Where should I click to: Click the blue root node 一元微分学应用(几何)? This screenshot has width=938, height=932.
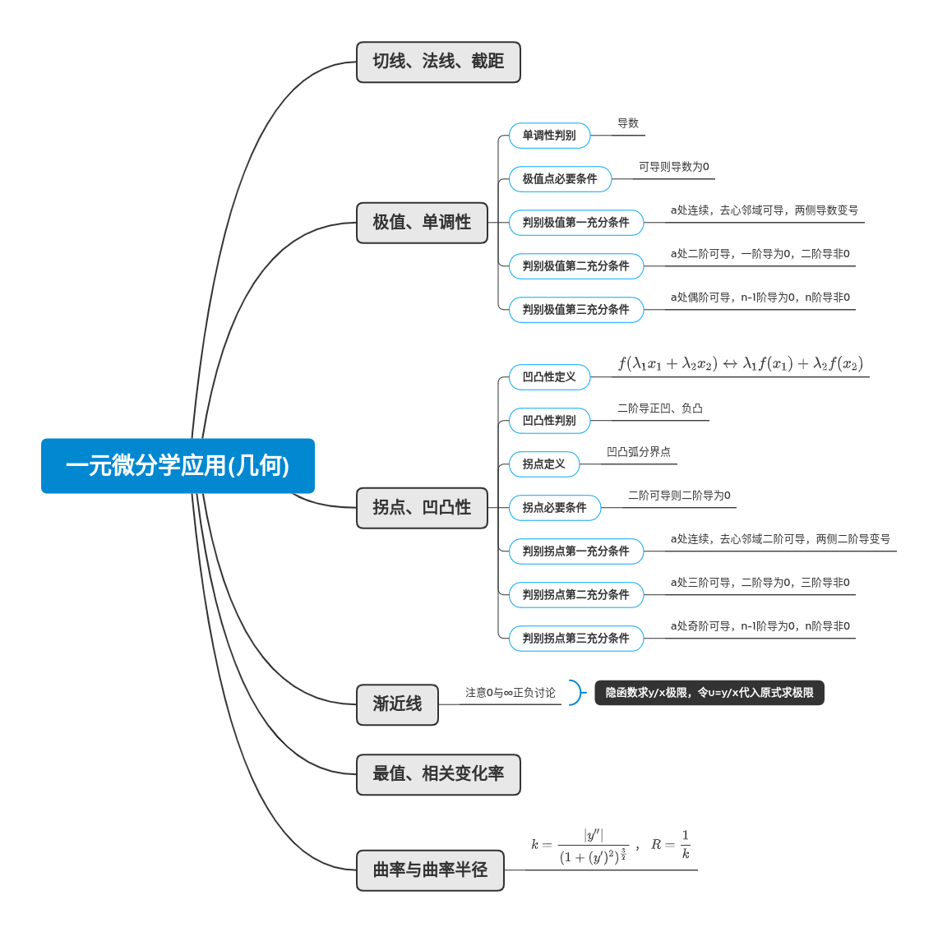[178, 466]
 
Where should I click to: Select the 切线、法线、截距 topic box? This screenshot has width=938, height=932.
[438, 62]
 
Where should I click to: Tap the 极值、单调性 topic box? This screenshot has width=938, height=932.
[422, 223]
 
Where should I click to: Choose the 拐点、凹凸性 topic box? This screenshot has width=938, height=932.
[422, 508]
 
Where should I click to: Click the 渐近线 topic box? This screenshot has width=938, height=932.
[397, 704]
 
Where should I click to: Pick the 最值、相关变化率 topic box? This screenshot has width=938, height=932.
[438, 774]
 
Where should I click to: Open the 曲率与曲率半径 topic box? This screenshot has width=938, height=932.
[430, 870]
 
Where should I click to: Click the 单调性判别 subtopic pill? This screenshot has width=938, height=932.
[549, 136]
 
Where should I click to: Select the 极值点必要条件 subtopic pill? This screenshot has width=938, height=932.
[560, 179]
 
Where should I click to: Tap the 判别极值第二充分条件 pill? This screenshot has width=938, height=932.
[575, 266]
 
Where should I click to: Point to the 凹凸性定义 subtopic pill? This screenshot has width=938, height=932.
[549, 377]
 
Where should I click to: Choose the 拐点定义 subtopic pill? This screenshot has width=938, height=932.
[543, 464]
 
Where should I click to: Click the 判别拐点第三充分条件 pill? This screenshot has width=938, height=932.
[575, 639]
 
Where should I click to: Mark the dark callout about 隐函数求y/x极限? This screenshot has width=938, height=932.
[709, 693]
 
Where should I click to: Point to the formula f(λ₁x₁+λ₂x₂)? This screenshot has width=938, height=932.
[740, 364]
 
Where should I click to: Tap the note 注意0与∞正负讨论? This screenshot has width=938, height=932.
[510, 693]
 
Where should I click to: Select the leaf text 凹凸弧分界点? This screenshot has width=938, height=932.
[638, 452]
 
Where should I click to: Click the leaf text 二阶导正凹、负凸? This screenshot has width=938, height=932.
[659, 408]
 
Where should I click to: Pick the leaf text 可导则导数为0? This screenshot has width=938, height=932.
[673, 167]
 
